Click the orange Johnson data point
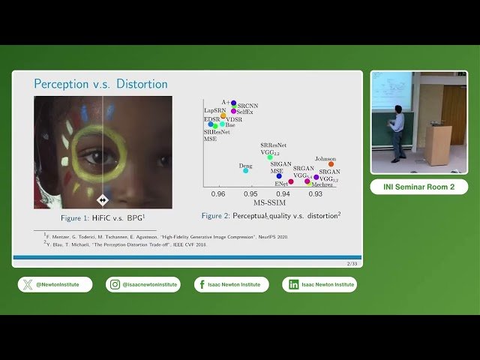point(331,164)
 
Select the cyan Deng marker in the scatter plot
point(245,170)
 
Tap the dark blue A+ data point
point(233,103)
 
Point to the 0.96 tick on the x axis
point(218,193)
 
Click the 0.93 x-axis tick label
point(316,193)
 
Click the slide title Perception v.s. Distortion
point(101,83)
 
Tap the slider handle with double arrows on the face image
point(103,199)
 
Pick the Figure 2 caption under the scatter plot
point(271,215)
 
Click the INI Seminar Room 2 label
point(418,187)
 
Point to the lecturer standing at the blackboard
point(397,131)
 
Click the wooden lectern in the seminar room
point(437,144)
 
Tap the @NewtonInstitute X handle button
point(55,284)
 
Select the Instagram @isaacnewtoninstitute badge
point(143,284)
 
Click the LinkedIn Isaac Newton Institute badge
point(319,284)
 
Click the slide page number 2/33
point(351,264)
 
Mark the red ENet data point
point(290,181)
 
